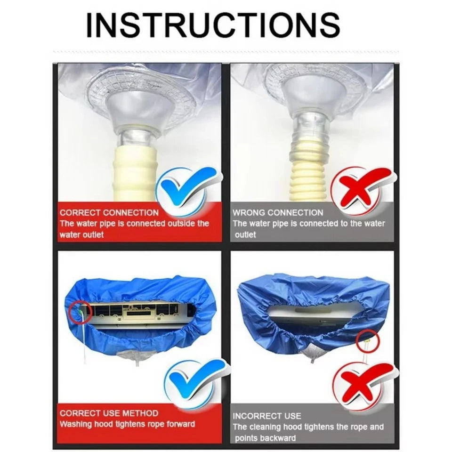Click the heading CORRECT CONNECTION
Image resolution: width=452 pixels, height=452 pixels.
[x=109, y=213]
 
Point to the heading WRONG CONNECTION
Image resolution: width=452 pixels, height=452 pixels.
[x=278, y=213]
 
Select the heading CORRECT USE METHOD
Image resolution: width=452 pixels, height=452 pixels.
[x=109, y=413]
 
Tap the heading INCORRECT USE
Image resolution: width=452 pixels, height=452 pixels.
[x=266, y=416]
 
